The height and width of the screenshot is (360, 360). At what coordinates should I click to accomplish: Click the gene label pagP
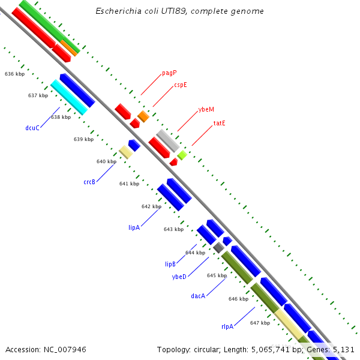(x=169, y=73)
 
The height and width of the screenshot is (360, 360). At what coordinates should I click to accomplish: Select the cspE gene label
(x=181, y=85)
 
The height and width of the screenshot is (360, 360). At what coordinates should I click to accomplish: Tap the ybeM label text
(x=206, y=110)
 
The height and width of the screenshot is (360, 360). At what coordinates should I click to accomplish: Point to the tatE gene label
(x=219, y=123)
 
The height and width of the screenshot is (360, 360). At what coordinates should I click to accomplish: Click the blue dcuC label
(x=32, y=128)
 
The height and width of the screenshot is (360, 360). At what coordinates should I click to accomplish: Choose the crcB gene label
(x=89, y=182)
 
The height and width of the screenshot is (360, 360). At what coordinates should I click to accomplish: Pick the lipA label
(x=134, y=227)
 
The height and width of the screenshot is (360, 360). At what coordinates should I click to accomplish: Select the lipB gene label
(x=170, y=264)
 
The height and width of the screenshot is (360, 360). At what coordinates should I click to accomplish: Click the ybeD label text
(x=179, y=277)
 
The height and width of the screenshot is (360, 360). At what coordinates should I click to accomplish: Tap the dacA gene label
(x=198, y=296)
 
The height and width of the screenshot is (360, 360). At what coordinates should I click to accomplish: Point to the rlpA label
(x=227, y=326)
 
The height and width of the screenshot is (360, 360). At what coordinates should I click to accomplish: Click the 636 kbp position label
(x=14, y=74)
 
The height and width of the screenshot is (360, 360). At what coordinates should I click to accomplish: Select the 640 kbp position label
(x=106, y=161)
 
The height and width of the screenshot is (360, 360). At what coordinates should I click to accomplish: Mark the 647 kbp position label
(x=260, y=323)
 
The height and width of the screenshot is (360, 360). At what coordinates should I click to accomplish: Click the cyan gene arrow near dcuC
(x=68, y=97)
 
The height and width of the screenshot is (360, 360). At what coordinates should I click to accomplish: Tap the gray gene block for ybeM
(x=168, y=140)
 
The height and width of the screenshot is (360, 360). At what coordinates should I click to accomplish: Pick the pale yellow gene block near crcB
(x=125, y=152)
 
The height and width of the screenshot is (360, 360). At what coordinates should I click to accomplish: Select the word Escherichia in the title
(x=116, y=11)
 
